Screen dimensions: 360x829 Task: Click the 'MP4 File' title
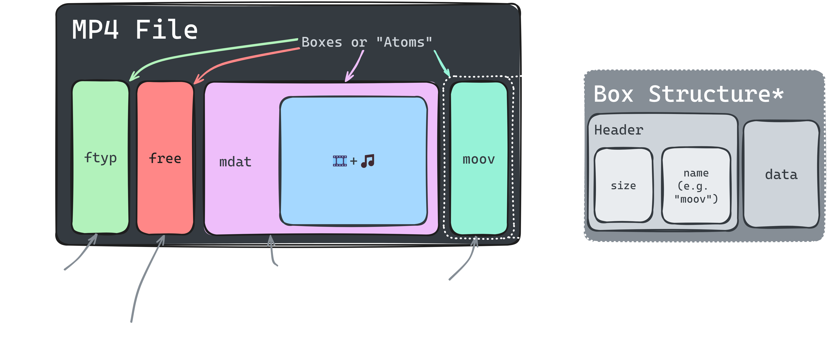point(134,30)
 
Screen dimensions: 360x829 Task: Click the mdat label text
point(235,162)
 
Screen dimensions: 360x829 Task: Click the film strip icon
point(339,161)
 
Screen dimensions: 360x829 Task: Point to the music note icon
point(368,161)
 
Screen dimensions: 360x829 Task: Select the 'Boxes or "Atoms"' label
point(367,42)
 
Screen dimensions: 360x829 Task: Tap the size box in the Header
point(623,185)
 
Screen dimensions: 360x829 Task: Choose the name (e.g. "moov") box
point(696,186)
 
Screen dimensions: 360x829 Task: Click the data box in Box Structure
point(781,175)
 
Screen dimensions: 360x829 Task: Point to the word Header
point(619,130)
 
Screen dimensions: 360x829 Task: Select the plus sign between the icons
point(354,161)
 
